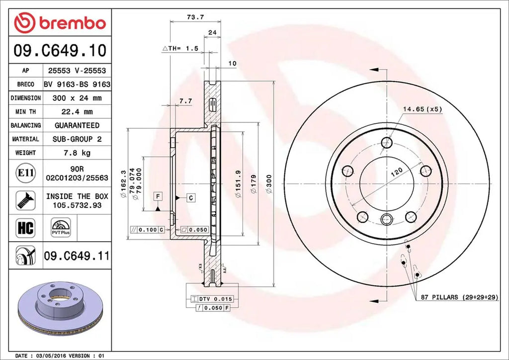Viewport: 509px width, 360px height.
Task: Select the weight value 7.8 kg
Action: pos(77,153)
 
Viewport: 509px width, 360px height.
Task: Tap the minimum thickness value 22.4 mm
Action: pos(77,112)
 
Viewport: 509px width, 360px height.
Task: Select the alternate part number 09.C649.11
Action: pos(77,256)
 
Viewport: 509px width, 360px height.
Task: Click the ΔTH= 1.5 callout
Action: pos(180,48)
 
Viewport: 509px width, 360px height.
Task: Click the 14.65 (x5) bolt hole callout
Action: pos(422,108)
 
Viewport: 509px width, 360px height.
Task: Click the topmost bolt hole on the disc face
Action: pos(387,143)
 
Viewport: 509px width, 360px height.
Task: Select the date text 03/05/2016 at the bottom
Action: pos(51,356)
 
